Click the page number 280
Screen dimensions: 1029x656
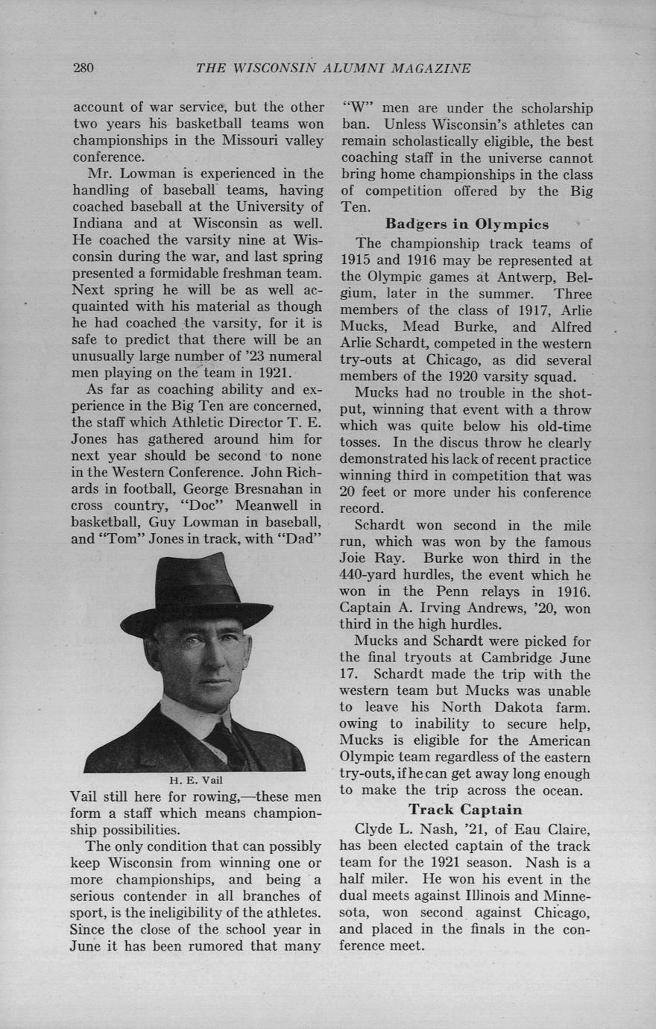point(83,69)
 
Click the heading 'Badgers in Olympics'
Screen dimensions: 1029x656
point(467,224)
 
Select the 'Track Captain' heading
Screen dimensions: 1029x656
point(465,810)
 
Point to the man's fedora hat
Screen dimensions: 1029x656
point(195,597)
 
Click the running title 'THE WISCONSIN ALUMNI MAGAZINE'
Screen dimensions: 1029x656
point(332,69)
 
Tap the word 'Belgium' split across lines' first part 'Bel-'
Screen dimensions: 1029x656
point(577,277)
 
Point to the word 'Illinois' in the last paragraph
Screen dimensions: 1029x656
point(506,896)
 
